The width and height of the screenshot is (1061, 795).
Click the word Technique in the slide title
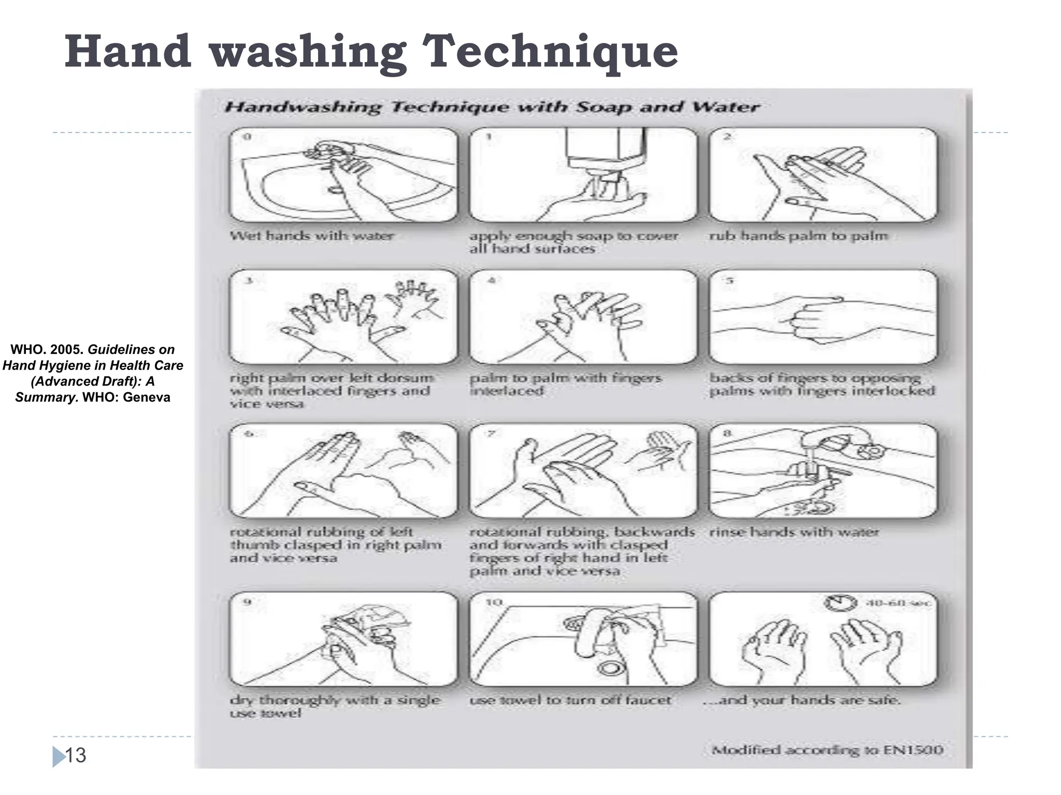[x=550, y=52]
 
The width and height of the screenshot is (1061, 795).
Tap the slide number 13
[x=76, y=755]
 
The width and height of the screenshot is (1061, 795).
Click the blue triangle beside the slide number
[x=58, y=756]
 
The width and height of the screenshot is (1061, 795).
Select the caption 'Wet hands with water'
[x=311, y=236]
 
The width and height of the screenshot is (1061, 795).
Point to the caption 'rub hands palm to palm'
[x=798, y=236]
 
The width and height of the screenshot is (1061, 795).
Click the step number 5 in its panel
[x=729, y=281]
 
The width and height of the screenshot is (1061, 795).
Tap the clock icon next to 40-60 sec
[x=839, y=603]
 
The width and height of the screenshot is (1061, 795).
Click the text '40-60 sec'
[x=898, y=603]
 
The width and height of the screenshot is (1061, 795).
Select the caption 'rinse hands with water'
[x=794, y=532]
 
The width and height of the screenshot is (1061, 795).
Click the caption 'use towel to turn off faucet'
[x=570, y=700]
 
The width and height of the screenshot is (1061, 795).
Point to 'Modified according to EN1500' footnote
[x=827, y=750]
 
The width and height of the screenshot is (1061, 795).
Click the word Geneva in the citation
[x=146, y=397]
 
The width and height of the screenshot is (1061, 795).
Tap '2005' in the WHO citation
[x=66, y=349]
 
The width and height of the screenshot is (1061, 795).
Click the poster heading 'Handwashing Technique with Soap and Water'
[x=492, y=107]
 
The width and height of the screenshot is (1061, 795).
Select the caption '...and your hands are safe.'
[x=802, y=700]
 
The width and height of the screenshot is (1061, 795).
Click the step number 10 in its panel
[x=494, y=602]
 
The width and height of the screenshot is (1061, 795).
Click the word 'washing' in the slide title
[x=308, y=52]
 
